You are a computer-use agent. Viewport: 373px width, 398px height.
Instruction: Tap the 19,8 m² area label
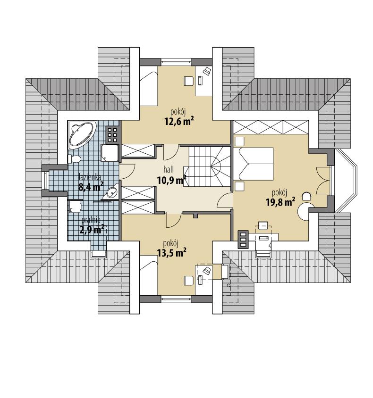pyautogui.click(x=280, y=202)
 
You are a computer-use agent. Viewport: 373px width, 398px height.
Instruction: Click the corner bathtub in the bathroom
pyautogui.click(x=82, y=133)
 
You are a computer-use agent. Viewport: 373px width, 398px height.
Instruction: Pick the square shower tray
pyautogui.click(x=110, y=152)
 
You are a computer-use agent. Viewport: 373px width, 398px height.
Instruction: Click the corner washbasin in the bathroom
pyautogui.click(x=112, y=192)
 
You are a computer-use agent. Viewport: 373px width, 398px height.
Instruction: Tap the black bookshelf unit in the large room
pyautogui.click(x=243, y=239)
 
